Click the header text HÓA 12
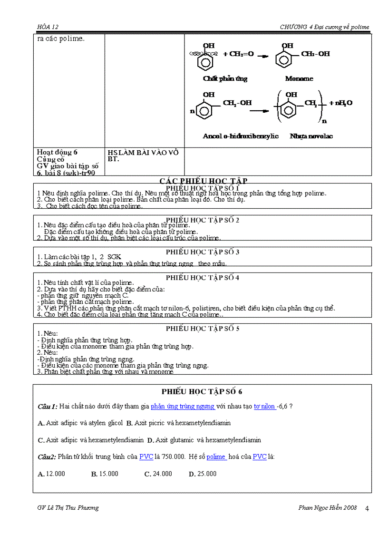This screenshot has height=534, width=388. point(48,27)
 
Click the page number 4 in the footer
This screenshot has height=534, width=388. point(367,508)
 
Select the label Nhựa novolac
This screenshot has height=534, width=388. point(311,136)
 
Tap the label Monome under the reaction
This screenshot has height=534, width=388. point(299,78)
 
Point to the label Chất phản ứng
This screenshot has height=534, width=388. point(225,78)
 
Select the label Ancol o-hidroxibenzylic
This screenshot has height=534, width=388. point(241,136)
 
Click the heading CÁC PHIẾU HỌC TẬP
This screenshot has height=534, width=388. point(203,181)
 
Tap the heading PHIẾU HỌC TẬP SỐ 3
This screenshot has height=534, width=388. point(202,252)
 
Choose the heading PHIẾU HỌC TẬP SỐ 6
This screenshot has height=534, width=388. point(202,391)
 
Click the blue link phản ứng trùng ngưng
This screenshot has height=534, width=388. point(183,407)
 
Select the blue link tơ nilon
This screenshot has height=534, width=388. point(264,407)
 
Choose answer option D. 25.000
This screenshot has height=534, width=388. point(203,474)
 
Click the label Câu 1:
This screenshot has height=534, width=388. point(48,407)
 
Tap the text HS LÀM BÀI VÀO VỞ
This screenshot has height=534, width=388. point(143,152)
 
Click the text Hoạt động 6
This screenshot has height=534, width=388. point(57,152)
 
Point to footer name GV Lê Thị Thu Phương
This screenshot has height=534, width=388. point(68,507)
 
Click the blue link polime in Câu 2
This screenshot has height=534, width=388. point(216,456)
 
